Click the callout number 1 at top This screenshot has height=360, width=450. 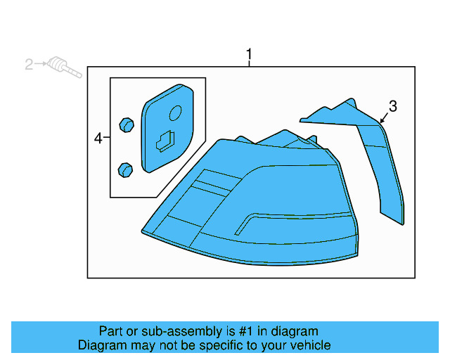point(248,53)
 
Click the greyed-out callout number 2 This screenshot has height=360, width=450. point(29,65)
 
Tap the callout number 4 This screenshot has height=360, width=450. point(98,139)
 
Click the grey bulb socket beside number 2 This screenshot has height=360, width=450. point(59,67)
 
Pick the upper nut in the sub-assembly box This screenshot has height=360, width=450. point(127,124)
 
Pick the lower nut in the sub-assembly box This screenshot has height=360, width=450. point(125,169)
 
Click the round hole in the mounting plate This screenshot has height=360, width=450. point(176,112)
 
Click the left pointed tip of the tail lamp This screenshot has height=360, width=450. point(143,231)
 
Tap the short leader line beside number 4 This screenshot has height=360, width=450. point(107,139)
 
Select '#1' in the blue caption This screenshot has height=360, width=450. point(245,331)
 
